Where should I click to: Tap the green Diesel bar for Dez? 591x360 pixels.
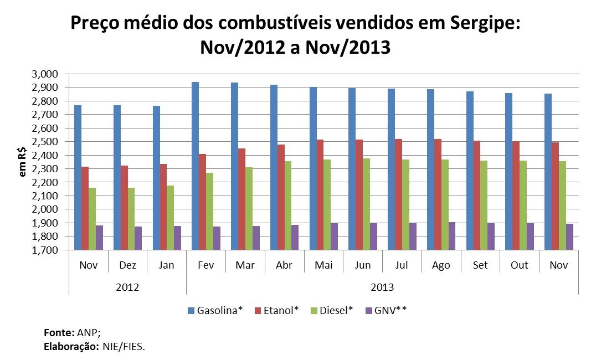pos(131,219)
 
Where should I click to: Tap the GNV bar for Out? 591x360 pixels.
pos(530,236)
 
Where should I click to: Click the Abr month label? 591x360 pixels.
pos(285,265)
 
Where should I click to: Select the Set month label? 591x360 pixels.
pos(480,265)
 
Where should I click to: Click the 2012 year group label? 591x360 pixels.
pos(127,287)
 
